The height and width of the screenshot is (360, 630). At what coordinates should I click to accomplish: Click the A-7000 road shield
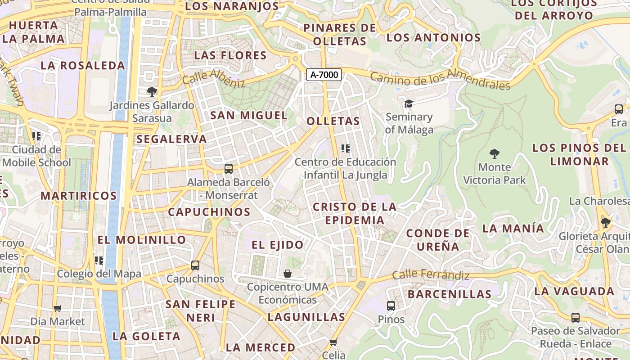point(324,75)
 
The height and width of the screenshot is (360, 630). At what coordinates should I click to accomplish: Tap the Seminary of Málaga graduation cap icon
point(409,104)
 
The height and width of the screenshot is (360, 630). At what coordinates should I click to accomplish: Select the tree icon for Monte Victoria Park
point(495,154)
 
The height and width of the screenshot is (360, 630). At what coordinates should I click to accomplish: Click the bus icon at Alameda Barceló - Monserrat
point(229,169)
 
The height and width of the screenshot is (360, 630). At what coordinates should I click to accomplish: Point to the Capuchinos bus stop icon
point(195,265)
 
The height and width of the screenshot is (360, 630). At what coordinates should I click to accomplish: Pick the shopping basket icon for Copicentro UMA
point(288,273)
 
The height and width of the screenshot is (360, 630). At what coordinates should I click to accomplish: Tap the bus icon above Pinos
point(391,306)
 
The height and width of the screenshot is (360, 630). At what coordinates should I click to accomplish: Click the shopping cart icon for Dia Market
point(57,308)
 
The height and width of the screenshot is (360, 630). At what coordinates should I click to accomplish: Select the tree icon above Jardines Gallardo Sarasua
point(152,92)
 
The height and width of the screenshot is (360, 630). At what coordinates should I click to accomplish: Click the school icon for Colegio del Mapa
point(99,260)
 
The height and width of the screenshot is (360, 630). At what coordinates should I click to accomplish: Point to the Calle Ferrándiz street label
point(431,275)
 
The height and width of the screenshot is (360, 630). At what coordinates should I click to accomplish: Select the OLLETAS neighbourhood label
point(333,121)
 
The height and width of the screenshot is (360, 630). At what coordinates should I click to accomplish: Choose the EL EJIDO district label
point(278,245)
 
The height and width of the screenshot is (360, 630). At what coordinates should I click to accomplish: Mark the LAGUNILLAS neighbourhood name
point(306,317)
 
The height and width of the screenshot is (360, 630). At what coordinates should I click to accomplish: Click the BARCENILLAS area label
point(450,294)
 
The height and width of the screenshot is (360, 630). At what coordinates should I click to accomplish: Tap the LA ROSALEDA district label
point(83,66)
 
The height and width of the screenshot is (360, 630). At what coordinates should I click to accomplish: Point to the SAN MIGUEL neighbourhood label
point(249,116)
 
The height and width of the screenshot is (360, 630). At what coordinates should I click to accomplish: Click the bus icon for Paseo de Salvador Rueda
point(575,318)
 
